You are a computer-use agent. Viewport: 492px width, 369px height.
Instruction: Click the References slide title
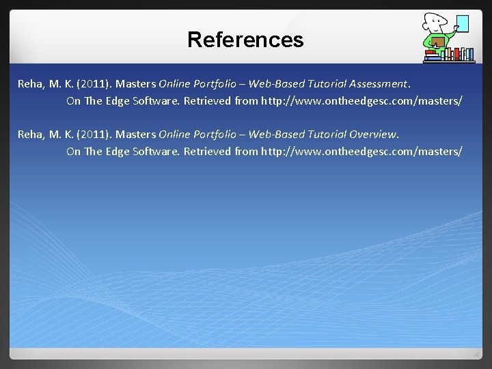pyautogui.click(x=245, y=40)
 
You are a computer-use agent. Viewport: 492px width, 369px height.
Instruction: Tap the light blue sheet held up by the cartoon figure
pyautogui.click(x=462, y=23)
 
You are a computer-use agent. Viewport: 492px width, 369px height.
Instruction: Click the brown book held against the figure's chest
pyautogui.click(x=437, y=43)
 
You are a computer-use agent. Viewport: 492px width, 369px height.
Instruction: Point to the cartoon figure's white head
pyautogui.click(x=435, y=21)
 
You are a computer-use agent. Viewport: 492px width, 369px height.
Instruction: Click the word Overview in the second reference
pyautogui.click(x=373, y=134)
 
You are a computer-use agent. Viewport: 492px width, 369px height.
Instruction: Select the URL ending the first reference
pyautogui.click(x=361, y=101)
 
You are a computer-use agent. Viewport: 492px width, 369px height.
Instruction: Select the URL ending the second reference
pyautogui.click(x=361, y=151)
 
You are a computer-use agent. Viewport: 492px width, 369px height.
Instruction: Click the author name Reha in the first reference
pyautogui.click(x=31, y=84)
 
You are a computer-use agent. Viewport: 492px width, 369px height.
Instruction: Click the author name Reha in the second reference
pyautogui.click(x=31, y=134)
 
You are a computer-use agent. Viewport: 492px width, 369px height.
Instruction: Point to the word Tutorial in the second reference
pyautogui.click(x=325, y=134)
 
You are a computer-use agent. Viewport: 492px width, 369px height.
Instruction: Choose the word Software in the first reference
pyautogui.click(x=156, y=101)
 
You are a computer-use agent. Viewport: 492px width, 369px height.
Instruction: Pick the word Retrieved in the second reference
pyautogui.click(x=207, y=151)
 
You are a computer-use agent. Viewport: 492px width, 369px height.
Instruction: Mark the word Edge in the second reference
pyautogui.click(x=118, y=151)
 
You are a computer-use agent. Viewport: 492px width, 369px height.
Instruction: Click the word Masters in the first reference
pyautogui.click(x=136, y=84)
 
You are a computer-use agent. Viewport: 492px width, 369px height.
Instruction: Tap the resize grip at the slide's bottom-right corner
pyautogui.click(x=476, y=354)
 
